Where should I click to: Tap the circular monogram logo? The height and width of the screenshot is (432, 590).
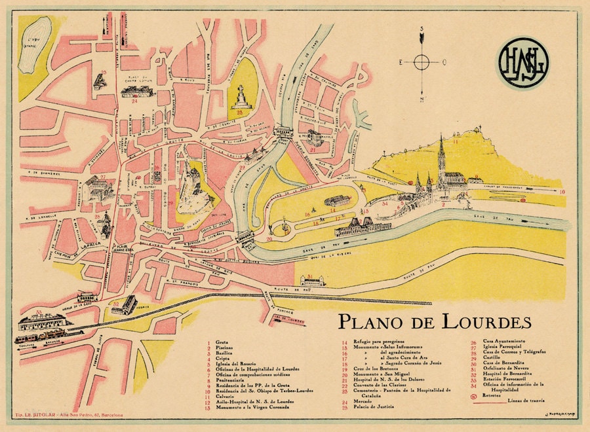tap(524, 62)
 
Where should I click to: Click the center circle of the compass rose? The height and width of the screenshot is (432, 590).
tap(422, 62)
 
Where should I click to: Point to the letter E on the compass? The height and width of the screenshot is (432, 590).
tap(401, 62)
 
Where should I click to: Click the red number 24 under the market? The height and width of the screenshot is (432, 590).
tap(134, 102)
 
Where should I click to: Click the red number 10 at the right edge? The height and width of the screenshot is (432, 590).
tap(562, 192)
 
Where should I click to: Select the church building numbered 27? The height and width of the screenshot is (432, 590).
tap(98, 189)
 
